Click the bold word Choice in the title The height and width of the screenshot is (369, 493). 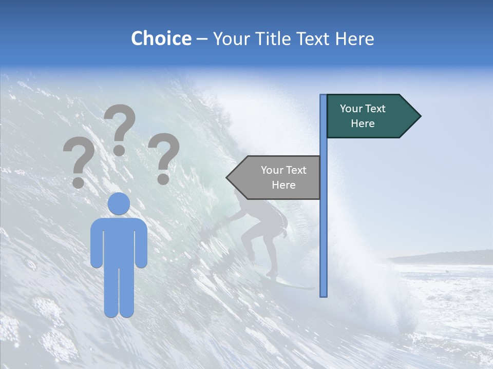coord(161,38)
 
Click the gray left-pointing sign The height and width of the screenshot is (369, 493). coord(277,177)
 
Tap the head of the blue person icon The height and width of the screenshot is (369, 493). coord(119,204)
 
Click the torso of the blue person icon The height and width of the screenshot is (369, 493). coord(119,241)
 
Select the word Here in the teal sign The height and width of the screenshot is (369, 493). coord(363,124)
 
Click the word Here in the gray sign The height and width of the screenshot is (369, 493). coord(283,185)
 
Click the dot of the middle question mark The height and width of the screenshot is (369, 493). coord(119,151)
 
